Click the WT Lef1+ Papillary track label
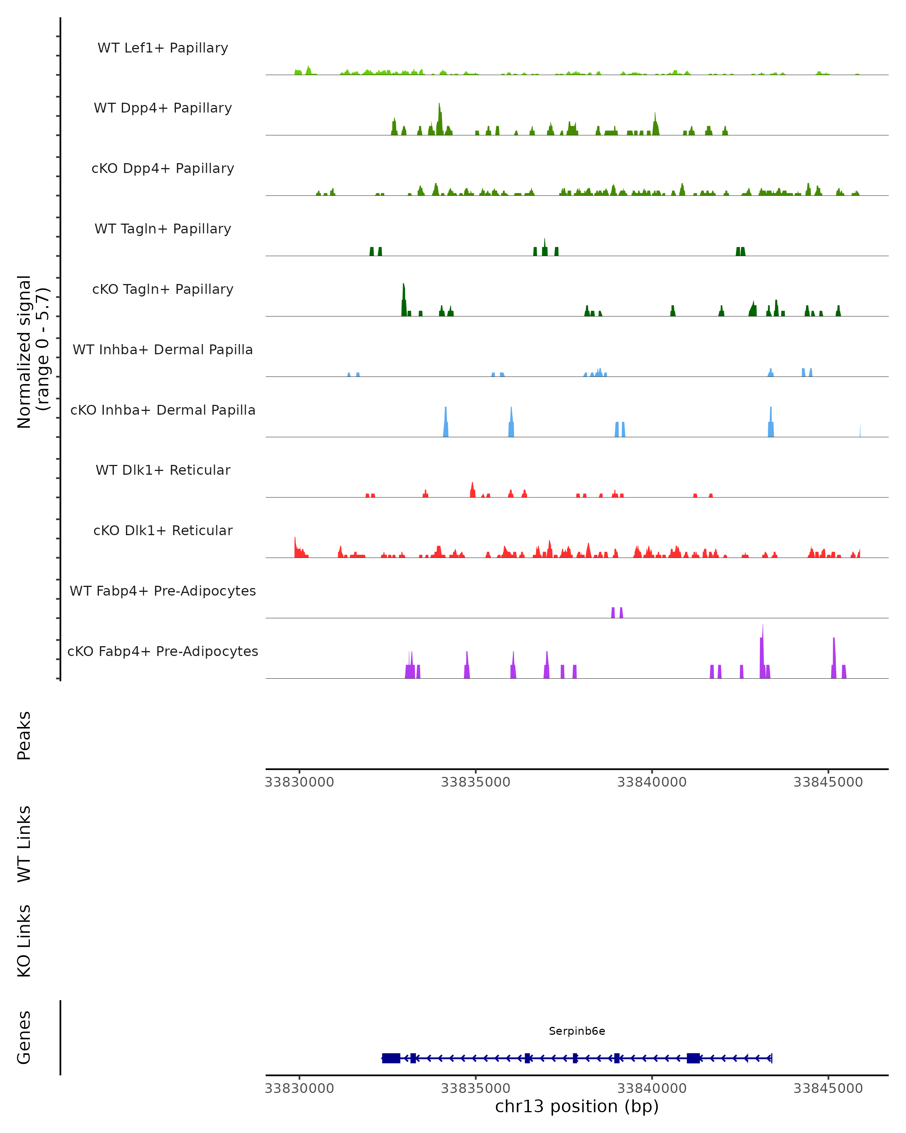tap(163, 48)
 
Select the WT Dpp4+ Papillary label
tap(163, 108)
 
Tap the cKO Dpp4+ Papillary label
tap(163, 169)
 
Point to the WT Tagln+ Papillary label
tap(163, 229)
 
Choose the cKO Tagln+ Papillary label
tap(163, 290)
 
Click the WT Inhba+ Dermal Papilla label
tap(163, 350)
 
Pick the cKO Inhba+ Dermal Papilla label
tap(163, 411)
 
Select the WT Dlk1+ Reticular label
tap(163, 470)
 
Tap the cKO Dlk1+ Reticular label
tap(163, 531)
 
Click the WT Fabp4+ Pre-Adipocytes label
tap(163, 591)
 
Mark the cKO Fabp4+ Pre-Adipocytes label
tap(163, 651)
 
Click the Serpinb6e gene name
tap(577, 1031)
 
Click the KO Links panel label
tap(24, 941)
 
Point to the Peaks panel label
tap(24, 736)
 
